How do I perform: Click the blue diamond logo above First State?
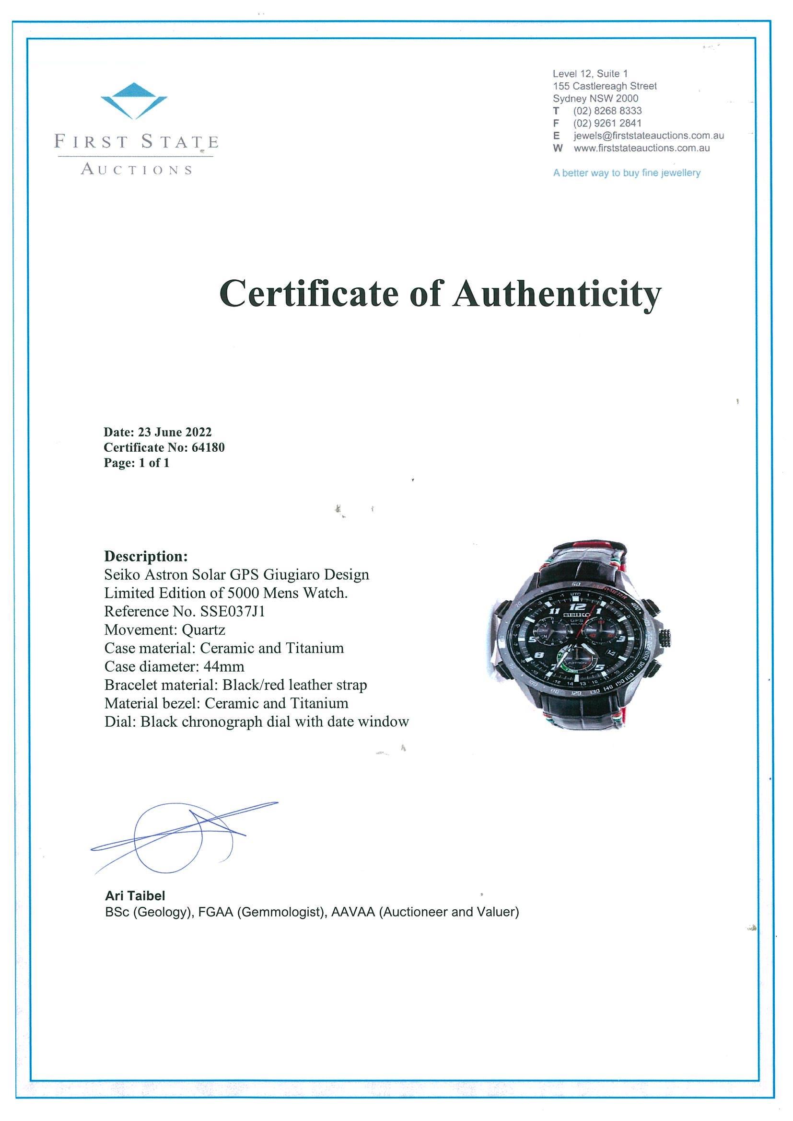(x=134, y=100)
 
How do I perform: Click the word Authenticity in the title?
(x=557, y=294)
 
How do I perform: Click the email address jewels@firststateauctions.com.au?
(x=648, y=136)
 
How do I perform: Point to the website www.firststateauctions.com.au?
(x=641, y=148)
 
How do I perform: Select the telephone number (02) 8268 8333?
(x=607, y=111)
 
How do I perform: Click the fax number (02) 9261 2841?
(x=607, y=123)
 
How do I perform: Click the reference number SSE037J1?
(x=233, y=611)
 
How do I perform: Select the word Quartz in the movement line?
(x=203, y=630)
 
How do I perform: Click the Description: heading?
(x=146, y=556)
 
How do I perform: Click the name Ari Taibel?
(x=135, y=895)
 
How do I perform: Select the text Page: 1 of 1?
(x=136, y=463)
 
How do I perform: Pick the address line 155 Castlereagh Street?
(x=605, y=86)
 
